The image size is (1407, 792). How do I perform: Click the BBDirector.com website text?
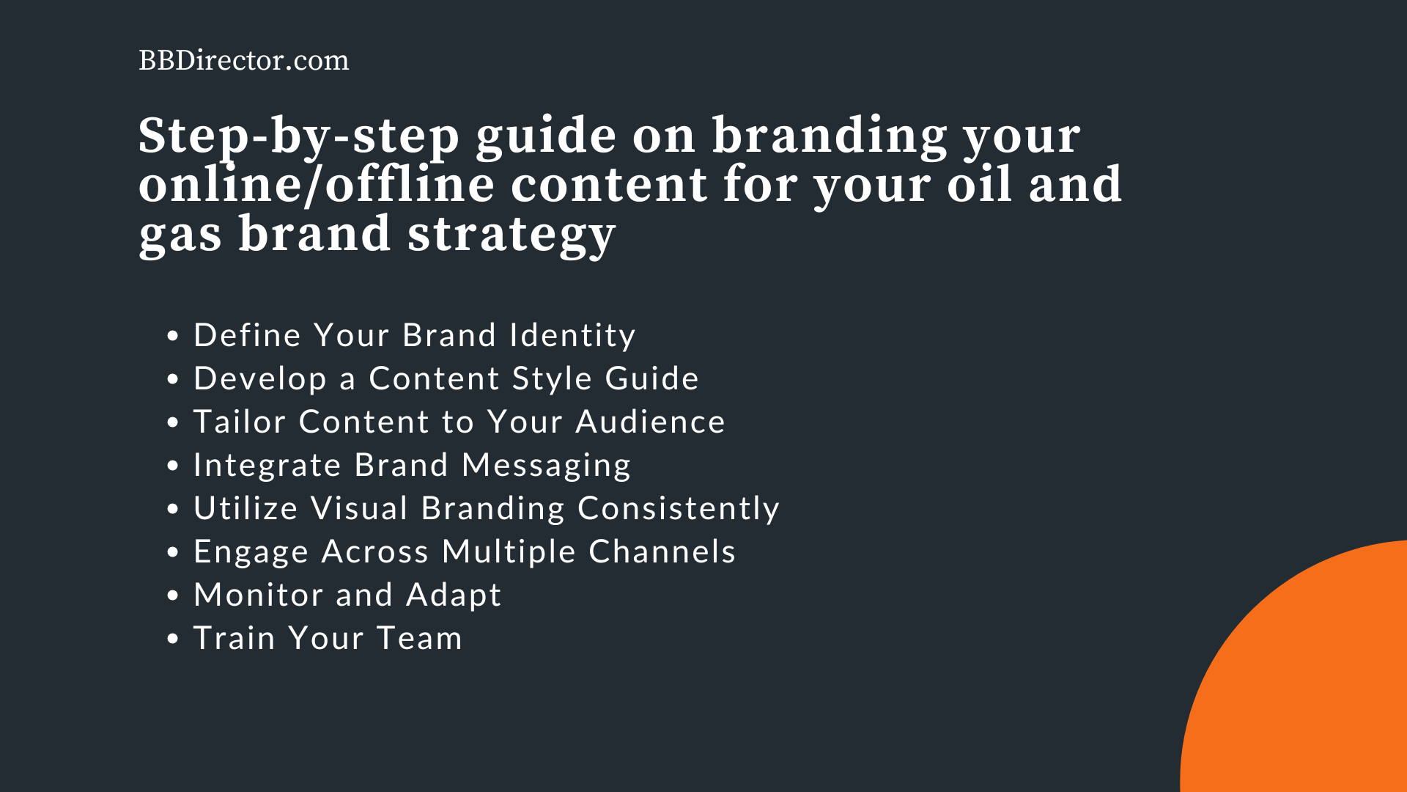243,60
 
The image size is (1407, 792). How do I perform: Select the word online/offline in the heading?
316,185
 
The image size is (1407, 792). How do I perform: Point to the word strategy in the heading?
511,235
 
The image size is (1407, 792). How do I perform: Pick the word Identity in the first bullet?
572,335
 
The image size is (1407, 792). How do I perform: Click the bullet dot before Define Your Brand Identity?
173,337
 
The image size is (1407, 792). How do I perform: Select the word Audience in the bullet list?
650,422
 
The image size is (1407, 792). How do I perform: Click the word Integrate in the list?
267,466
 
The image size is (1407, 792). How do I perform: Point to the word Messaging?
546,466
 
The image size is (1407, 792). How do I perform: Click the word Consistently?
678,508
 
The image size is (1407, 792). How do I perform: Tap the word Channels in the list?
662,551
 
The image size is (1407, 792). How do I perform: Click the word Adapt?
454,595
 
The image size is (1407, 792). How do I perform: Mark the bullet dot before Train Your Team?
173,639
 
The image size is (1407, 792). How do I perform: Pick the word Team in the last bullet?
419,638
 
